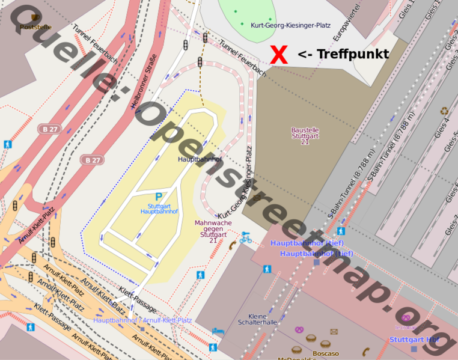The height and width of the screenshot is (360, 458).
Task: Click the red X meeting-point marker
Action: pyautogui.click(x=279, y=55)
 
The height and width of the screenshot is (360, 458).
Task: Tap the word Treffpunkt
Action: pyautogui.click(x=352, y=54)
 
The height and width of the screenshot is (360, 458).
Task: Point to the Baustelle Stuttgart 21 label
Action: pyautogui.click(x=305, y=136)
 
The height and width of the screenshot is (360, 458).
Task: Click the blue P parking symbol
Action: pyautogui.click(x=159, y=197)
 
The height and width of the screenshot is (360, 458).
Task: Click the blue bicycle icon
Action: pyautogui.click(x=245, y=237)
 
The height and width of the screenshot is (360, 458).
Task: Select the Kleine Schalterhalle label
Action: pyautogui.click(x=263, y=319)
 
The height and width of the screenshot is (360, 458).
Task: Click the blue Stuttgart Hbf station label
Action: pyautogui.click(x=414, y=340)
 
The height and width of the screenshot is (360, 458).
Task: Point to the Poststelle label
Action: pyautogui.click(x=35, y=27)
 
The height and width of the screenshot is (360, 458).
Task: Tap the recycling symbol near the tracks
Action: pyautogui.click(x=444, y=111)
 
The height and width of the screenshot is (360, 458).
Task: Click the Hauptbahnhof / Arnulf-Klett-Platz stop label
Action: pyautogui.click(x=142, y=320)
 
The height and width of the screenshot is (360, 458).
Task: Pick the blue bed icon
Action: pyautogui.click(x=220, y=331)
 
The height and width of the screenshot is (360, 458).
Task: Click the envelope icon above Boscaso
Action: pyautogui.click(x=334, y=331)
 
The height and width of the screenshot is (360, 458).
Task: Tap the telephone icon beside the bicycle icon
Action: pyautogui.click(x=232, y=245)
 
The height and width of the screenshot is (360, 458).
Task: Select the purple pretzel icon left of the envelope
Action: pyautogui.click(x=299, y=329)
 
